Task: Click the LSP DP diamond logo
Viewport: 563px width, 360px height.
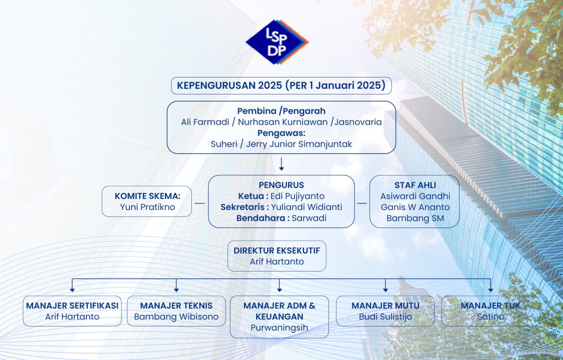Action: (277, 42)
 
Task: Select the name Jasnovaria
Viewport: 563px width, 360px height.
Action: (358, 122)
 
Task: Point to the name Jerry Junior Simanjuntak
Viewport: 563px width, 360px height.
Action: (299, 144)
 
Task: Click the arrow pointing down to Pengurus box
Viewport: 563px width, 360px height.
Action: (281, 164)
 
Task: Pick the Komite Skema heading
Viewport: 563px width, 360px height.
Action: (147, 196)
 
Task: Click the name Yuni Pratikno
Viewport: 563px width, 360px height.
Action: (147, 207)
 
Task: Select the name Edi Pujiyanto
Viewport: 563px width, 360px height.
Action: (297, 196)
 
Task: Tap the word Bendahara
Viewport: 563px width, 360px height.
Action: (261, 218)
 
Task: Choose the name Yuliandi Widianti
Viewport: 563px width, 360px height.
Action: (307, 207)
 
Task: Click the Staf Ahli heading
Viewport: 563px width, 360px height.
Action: (415, 185)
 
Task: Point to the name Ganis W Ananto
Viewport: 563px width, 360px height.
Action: (415, 207)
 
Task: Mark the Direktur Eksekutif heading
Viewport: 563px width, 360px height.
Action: (277, 251)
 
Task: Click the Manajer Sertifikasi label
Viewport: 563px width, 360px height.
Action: (72, 306)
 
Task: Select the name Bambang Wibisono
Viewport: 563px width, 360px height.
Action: (176, 317)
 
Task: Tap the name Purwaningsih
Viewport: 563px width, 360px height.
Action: (279, 328)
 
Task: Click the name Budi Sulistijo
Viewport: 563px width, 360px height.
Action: (385, 317)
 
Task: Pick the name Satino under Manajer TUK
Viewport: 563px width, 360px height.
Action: (490, 317)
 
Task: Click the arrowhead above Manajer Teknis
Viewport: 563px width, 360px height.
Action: (176, 289)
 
